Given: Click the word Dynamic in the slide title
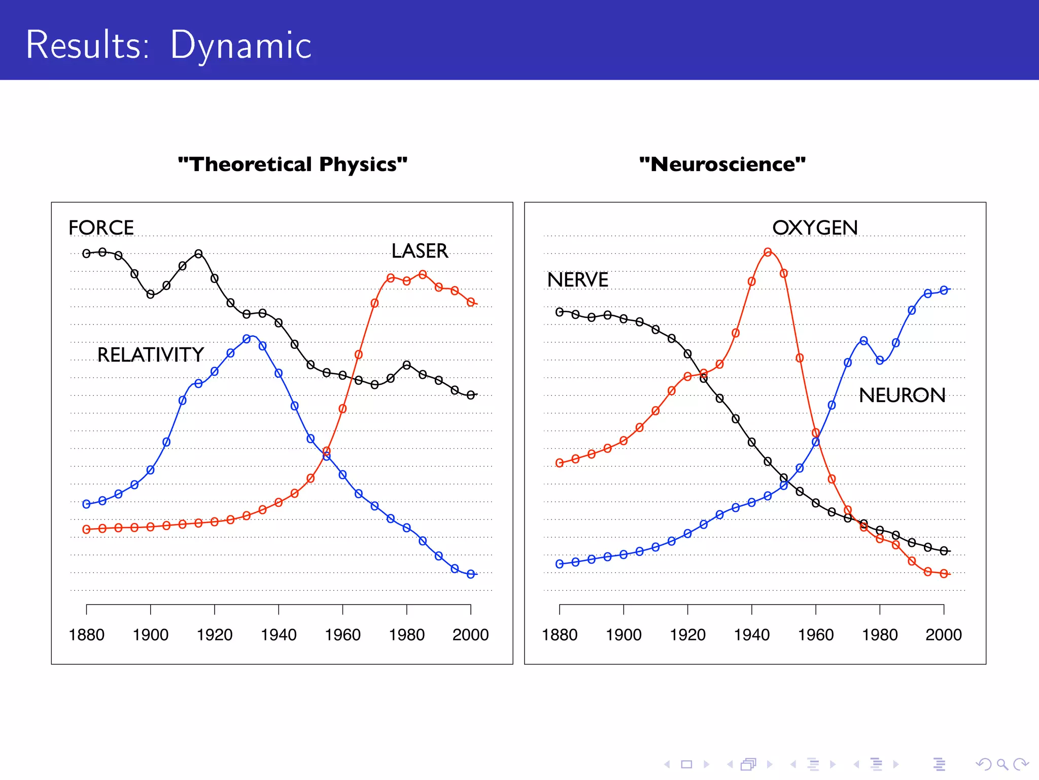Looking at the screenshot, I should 240,46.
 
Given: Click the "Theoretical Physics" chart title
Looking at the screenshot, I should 293,165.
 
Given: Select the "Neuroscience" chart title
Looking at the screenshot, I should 722,165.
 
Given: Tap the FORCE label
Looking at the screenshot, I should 101,227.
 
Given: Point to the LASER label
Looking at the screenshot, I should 420,251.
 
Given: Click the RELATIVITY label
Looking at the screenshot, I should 150,354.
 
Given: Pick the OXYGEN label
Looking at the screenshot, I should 815,227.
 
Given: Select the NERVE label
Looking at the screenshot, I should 577,280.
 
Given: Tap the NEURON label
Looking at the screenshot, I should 902,395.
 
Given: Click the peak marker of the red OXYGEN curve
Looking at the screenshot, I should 768,252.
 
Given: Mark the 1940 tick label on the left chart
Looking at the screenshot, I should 279,635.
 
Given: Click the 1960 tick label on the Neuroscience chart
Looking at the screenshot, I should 815,635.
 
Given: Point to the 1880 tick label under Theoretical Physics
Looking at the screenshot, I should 86,635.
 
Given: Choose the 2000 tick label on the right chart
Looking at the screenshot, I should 943,635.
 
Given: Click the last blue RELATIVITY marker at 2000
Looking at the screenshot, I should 471,574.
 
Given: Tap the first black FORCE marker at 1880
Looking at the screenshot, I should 86,253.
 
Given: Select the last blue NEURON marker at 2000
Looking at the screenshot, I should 944,290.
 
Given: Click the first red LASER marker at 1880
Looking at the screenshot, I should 86,530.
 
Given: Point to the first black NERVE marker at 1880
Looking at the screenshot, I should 560,312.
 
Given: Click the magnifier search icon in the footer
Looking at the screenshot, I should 1001,764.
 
